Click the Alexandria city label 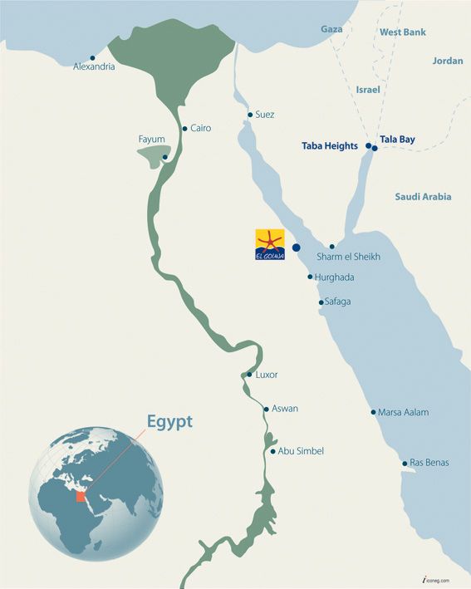[94, 66]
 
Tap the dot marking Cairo [184, 129]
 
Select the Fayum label [152, 139]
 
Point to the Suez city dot [249, 115]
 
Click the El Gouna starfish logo [270, 245]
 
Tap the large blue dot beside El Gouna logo [297, 248]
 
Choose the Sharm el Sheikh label [349, 258]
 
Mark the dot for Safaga [321, 302]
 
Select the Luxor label [267, 375]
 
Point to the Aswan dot [266, 409]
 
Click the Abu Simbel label [301, 451]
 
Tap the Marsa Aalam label [403, 412]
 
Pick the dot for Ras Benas [404, 463]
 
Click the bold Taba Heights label [330, 145]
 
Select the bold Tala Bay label [397, 140]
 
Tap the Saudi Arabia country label [423, 197]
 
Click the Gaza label [331, 29]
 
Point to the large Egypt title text [169, 421]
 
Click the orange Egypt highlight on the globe [81, 496]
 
